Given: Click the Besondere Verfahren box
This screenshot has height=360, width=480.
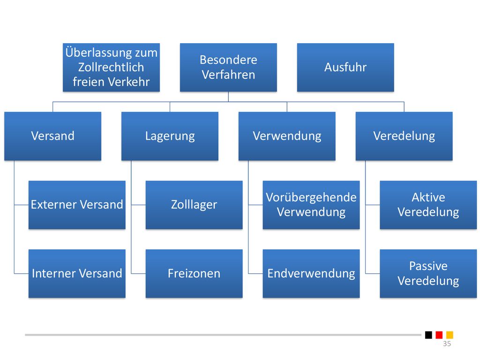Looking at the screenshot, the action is (x=228, y=67).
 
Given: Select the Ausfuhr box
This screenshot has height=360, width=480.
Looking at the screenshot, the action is (x=345, y=67).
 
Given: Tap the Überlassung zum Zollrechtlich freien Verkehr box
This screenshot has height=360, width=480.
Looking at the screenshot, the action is (x=111, y=67).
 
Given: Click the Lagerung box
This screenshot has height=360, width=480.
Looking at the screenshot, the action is (x=170, y=136).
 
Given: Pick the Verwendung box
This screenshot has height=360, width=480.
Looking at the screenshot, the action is (x=287, y=136).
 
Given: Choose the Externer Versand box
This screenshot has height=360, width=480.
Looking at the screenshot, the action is (x=77, y=205).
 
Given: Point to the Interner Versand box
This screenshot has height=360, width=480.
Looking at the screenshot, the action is (x=77, y=273).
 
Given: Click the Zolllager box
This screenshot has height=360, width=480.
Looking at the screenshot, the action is (x=194, y=205).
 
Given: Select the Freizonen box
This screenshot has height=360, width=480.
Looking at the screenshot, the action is (x=194, y=273).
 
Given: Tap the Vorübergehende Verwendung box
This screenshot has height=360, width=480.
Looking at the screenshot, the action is (x=311, y=205).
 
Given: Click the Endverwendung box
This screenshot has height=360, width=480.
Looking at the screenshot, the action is (x=311, y=273).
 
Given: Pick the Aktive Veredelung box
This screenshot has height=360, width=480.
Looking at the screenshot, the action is (x=428, y=205).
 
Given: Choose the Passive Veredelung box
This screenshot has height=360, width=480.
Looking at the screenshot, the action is (x=428, y=273).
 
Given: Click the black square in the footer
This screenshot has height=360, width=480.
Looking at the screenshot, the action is (x=428, y=335).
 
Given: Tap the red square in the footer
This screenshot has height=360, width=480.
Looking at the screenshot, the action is (x=439, y=335).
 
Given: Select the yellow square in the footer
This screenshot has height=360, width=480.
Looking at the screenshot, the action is (x=450, y=335).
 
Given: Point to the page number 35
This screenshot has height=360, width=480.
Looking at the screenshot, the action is (x=447, y=344).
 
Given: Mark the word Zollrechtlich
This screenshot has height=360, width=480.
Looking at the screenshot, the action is (x=111, y=67).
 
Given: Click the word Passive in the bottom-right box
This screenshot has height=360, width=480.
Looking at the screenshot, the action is (x=428, y=266).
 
